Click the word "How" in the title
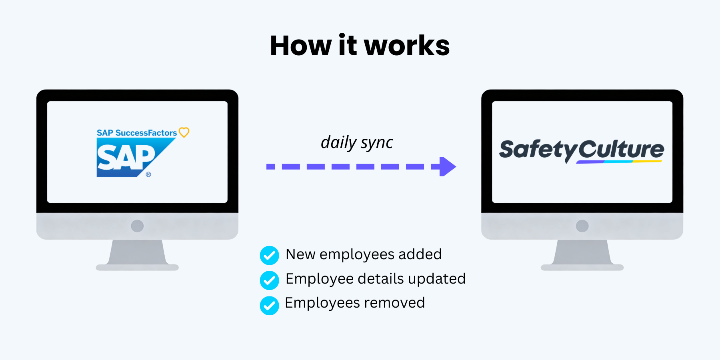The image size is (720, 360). [x=301, y=46]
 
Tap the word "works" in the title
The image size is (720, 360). [x=407, y=46]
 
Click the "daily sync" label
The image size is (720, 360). [x=357, y=142]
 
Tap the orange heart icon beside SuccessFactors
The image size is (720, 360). [x=184, y=132]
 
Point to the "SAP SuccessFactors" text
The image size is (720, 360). [x=137, y=133]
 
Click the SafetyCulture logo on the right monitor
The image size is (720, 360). [x=582, y=151]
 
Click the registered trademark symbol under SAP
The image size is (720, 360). [x=148, y=174]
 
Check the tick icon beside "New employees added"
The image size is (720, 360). [x=270, y=255]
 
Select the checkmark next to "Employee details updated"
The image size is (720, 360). [x=270, y=280]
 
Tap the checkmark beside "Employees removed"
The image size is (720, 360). [x=270, y=306]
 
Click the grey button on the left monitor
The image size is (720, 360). [x=137, y=226]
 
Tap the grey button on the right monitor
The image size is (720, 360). [x=582, y=226]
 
